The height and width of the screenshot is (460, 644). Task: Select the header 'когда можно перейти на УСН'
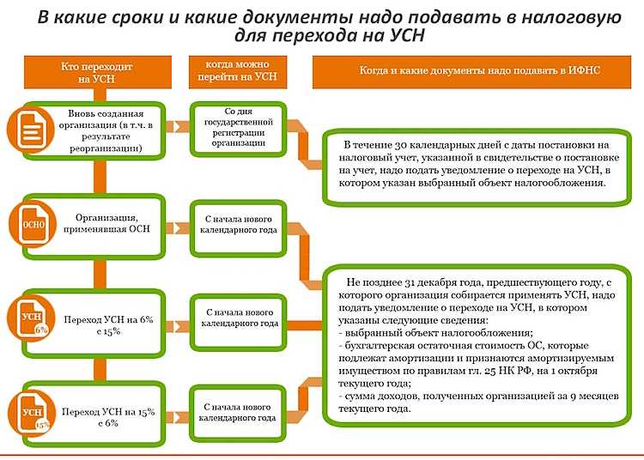click(x=238, y=70)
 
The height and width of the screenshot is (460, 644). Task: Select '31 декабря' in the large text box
click(x=424, y=281)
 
